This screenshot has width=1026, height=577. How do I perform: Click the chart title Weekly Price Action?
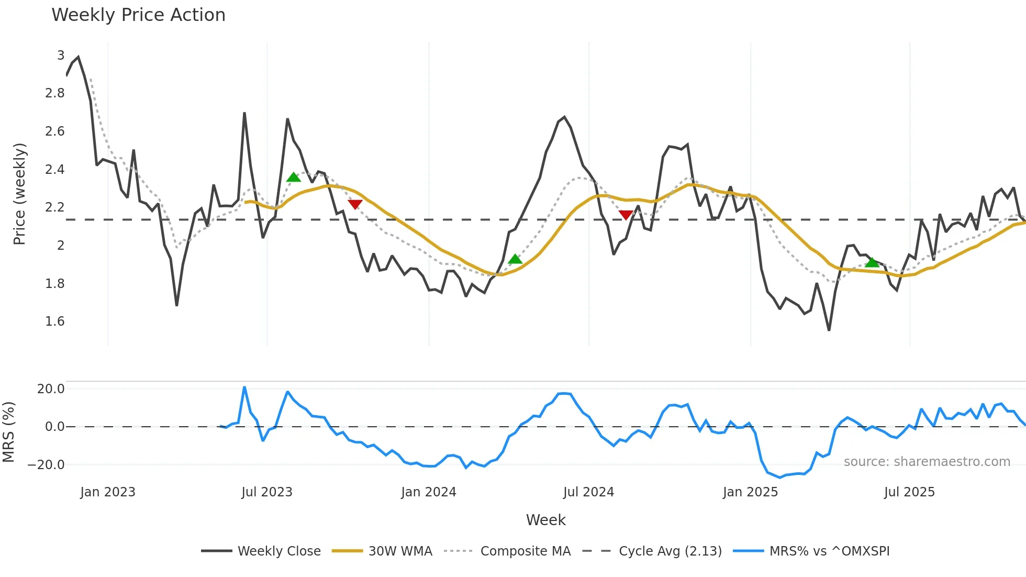point(138,15)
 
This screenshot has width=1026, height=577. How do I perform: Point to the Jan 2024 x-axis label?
point(429,492)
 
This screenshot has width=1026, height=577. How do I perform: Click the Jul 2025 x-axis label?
point(909,492)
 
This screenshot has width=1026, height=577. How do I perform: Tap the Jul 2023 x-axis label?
point(267,492)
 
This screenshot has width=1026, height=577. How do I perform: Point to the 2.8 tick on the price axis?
point(55,93)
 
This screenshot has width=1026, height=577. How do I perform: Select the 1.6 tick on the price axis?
point(55,321)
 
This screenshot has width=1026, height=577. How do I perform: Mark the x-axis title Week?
point(545,520)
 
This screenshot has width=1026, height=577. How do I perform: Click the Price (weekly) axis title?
point(19,194)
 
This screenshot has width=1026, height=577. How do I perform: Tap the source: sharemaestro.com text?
point(927,462)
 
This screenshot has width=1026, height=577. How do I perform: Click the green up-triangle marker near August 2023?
point(294,177)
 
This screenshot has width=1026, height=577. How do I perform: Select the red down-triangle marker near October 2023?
point(355,204)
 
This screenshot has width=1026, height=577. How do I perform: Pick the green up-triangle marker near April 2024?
point(515,259)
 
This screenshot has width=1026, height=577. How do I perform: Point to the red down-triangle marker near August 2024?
point(626,215)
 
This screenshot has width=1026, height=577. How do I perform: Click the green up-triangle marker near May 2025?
point(872,262)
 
